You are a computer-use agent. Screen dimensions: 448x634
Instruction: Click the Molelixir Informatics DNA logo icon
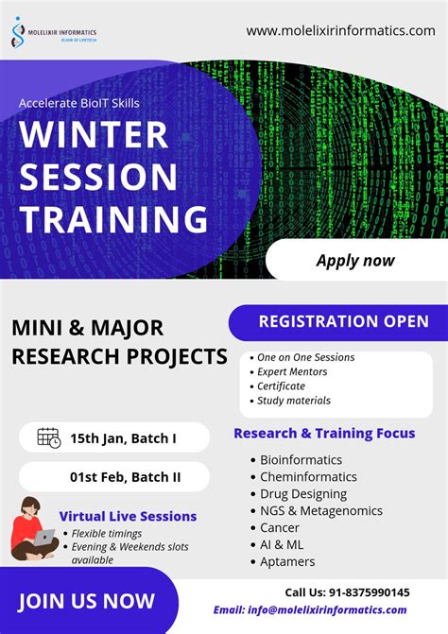point(18,32)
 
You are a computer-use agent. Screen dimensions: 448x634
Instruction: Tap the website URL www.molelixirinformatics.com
point(340,31)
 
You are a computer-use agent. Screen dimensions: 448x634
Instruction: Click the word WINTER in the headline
point(94,135)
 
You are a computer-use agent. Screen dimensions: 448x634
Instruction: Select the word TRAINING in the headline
point(113,219)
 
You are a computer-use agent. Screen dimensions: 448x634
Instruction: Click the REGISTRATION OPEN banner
point(338,322)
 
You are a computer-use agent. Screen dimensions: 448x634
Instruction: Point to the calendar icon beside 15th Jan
point(49,437)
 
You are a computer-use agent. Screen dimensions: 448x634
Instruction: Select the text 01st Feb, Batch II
point(125,477)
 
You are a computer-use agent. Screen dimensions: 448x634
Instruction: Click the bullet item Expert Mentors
point(292,371)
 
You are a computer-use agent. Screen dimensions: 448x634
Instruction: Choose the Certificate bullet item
point(281,386)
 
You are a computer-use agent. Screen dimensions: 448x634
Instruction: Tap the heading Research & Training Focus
point(324,433)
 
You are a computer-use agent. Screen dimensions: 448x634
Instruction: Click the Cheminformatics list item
point(308,477)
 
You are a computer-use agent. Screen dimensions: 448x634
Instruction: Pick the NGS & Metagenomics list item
point(321,510)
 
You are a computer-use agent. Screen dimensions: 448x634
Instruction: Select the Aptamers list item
point(287,561)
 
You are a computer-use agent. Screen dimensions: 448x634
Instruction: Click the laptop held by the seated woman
point(43,537)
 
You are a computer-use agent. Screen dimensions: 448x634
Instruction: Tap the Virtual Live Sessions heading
point(128,516)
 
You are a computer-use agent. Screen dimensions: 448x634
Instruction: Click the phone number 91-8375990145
point(370,592)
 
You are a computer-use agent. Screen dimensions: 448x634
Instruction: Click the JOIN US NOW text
point(86,601)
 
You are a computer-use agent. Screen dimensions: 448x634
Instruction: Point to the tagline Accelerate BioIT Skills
point(78,103)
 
